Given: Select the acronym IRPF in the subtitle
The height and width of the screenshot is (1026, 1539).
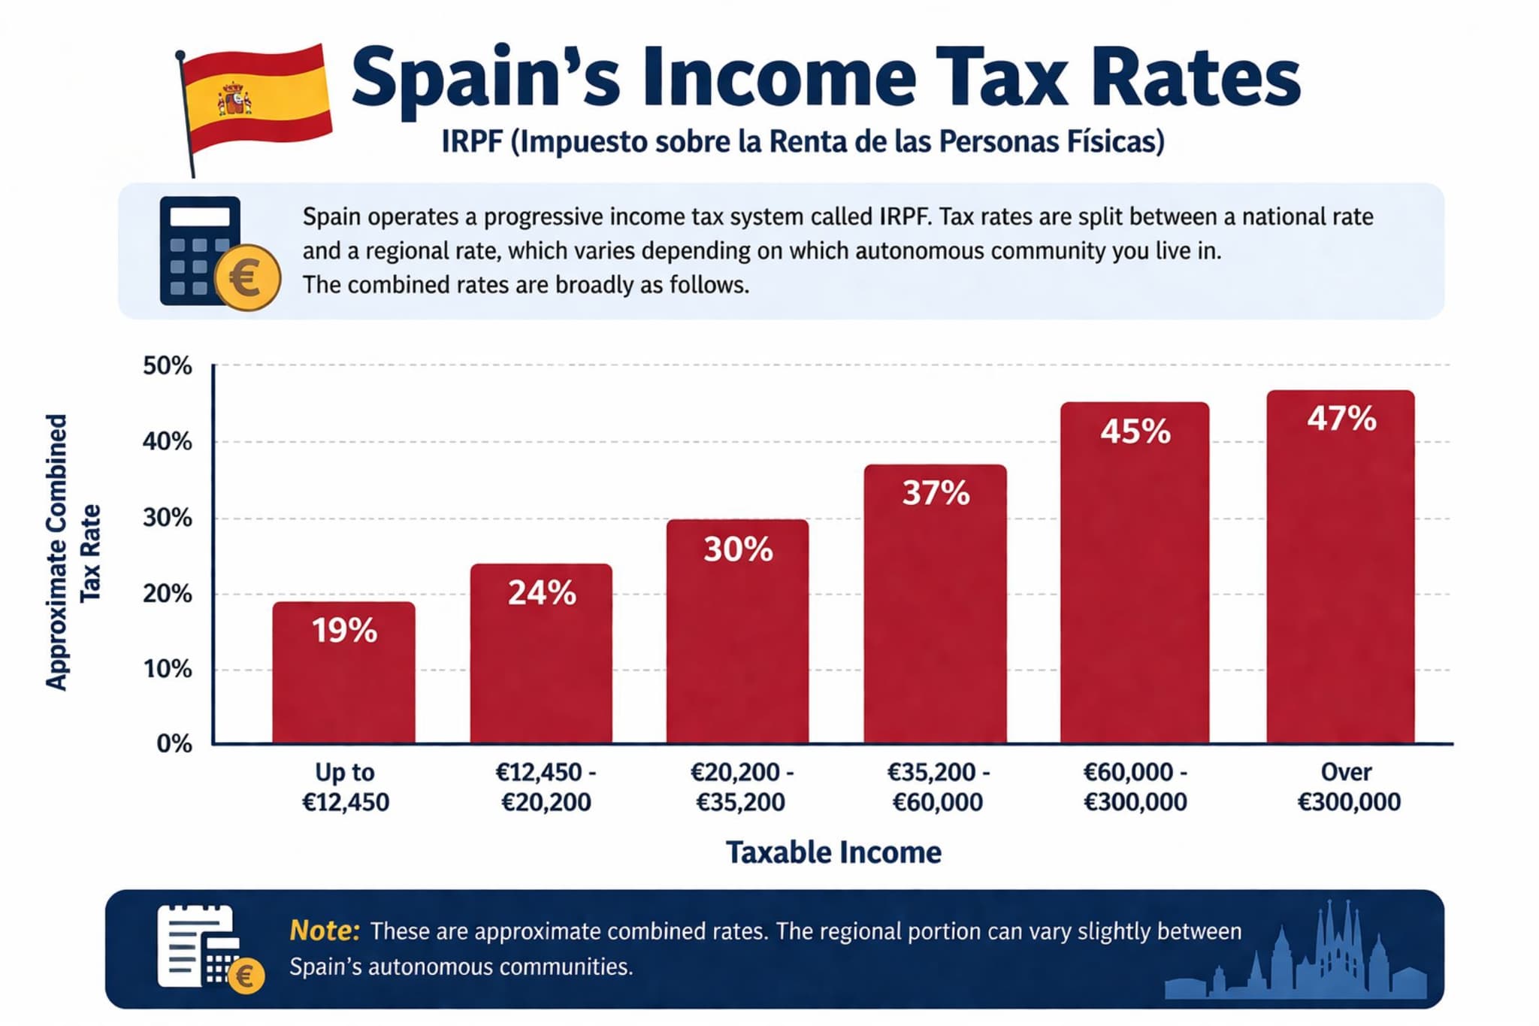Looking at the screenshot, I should click(x=471, y=141).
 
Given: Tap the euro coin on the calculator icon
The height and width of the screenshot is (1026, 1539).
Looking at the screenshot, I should click(x=247, y=277).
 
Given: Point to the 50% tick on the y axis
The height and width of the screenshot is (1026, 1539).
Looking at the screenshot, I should click(x=168, y=366).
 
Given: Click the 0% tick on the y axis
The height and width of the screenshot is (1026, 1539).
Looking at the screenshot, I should click(x=174, y=743).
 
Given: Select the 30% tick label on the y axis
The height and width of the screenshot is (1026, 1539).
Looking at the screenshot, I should click(x=168, y=518).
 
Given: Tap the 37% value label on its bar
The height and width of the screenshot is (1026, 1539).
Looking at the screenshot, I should click(x=936, y=493).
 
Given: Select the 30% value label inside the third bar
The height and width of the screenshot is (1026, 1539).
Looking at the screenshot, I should click(x=738, y=549).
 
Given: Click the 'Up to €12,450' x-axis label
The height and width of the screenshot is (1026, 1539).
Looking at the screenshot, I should click(x=345, y=787).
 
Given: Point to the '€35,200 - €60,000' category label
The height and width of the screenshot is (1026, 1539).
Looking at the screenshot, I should click(x=937, y=787).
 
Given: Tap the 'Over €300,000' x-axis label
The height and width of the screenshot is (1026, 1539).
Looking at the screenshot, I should click(x=1348, y=787).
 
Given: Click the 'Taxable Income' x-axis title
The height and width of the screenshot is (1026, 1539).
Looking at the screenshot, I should click(x=833, y=852).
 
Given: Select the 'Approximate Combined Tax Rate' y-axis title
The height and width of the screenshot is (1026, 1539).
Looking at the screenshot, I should click(x=73, y=552).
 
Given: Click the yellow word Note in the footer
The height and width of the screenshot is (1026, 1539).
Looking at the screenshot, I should click(x=324, y=931).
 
